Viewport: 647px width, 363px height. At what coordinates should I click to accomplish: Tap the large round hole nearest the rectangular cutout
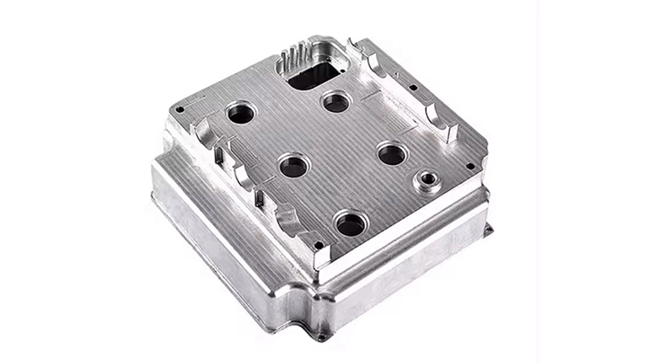[336, 102]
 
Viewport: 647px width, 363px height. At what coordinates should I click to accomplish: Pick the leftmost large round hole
[242, 115]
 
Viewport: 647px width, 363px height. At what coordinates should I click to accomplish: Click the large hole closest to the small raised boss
[392, 154]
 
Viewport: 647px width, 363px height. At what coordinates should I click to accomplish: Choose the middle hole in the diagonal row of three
[293, 165]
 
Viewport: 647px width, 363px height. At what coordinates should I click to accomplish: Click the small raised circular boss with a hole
[425, 182]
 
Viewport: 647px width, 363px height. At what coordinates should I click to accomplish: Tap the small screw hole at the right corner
[470, 166]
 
